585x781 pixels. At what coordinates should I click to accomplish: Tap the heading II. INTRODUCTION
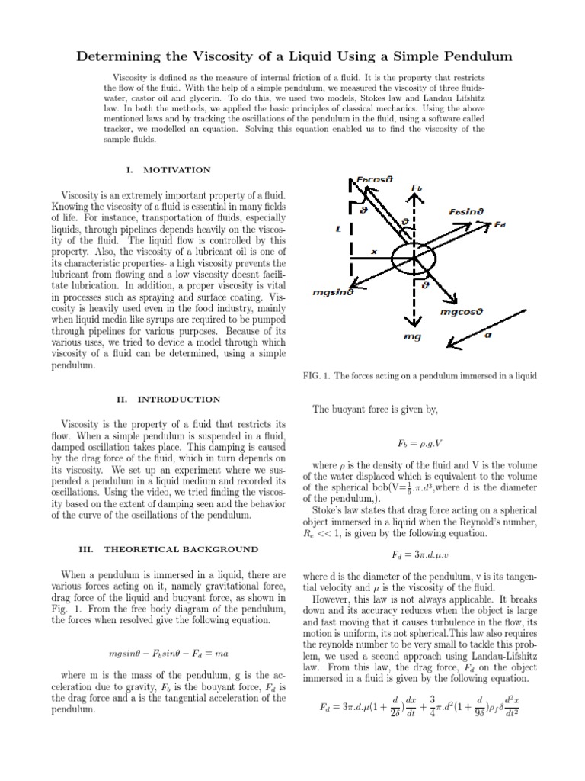pyautogui.click(x=169, y=399)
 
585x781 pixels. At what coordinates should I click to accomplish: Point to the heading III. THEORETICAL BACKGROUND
pyautogui.click(x=169, y=549)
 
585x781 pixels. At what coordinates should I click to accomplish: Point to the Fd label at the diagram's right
pyautogui.click(x=500, y=225)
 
